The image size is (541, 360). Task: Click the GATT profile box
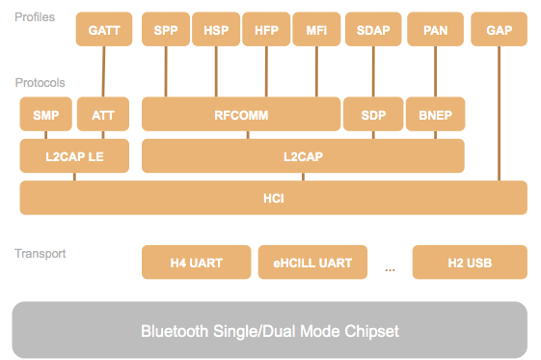(x=103, y=30)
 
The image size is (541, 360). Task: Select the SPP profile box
(x=165, y=30)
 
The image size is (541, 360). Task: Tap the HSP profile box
(x=215, y=30)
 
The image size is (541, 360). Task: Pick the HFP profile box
(x=266, y=30)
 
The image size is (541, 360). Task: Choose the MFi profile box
(x=316, y=30)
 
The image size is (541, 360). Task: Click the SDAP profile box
(x=371, y=30)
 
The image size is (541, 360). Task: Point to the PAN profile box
(x=435, y=30)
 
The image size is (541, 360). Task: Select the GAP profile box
(x=499, y=30)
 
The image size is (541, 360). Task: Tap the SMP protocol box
(x=45, y=115)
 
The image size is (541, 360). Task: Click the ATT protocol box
(x=103, y=115)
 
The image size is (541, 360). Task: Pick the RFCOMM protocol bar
(x=240, y=115)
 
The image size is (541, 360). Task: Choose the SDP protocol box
(x=371, y=115)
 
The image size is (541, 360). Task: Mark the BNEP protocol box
(x=435, y=115)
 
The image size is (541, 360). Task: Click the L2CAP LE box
(x=74, y=155)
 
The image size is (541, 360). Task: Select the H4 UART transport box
(x=196, y=262)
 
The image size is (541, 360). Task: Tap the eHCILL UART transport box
(x=311, y=262)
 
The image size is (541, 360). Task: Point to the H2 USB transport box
(x=470, y=262)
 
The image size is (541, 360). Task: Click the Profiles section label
(x=35, y=17)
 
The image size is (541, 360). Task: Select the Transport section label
(x=40, y=254)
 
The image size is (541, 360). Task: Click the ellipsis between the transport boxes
(x=390, y=268)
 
